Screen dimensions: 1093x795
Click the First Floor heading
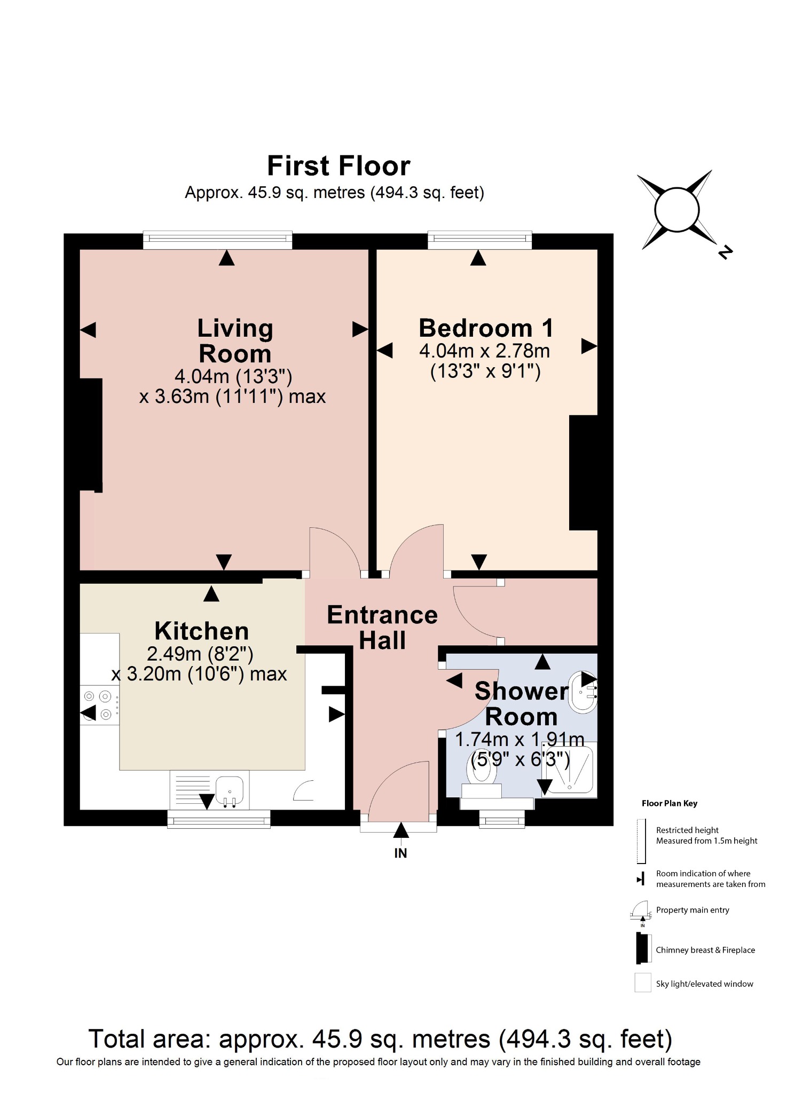click(x=339, y=166)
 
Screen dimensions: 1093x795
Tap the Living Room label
click(x=235, y=340)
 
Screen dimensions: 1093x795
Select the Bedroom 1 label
click(x=485, y=328)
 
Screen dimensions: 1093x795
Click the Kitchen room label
click(x=201, y=631)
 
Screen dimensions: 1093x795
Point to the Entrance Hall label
click(x=382, y=627)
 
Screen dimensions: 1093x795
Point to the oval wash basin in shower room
click(x=582, y=693)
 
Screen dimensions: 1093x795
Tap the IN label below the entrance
click(x=400, y=853)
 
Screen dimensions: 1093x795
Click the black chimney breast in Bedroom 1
click(x=583, y=472)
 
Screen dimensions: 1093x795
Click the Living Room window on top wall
click(x=217, y=240)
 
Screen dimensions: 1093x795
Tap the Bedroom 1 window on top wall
click(x=479, y=240)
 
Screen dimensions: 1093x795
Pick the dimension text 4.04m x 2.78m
click(x=484, y=351)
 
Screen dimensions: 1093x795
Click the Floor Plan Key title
click(x=669, y=803)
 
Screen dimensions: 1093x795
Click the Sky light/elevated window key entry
click(x=704, y=984)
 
